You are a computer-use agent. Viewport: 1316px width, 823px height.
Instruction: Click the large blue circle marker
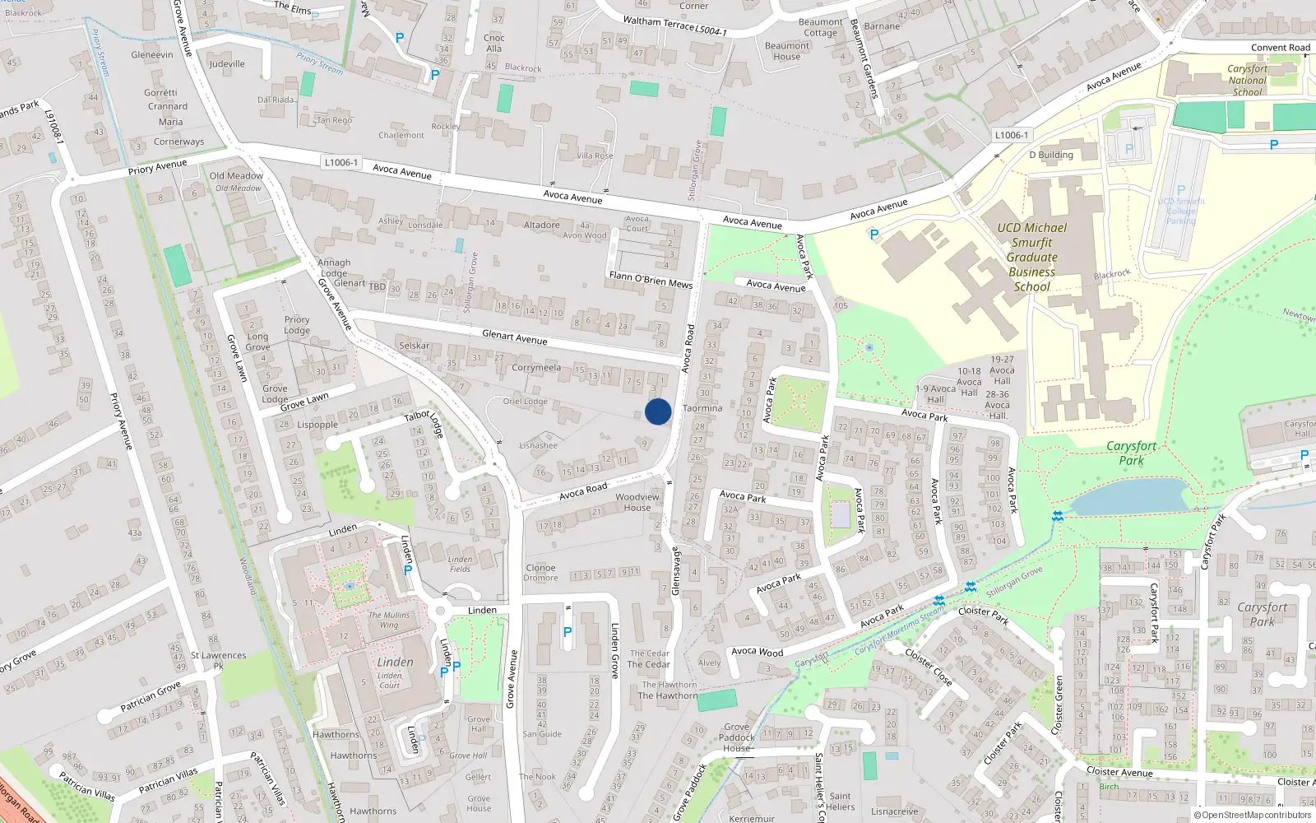click(x=658, y=411)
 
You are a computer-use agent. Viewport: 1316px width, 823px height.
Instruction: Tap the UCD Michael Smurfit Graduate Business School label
click(x=1031, y=257)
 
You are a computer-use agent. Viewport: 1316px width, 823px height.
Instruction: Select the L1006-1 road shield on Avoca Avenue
click(x=341, y=163)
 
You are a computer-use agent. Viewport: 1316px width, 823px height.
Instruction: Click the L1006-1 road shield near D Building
click(x=1011, y=135)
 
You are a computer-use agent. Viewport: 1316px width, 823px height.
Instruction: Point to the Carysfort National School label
click(x=1247, y=81)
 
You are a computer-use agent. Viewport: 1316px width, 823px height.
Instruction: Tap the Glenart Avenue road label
click(x=514, y=337)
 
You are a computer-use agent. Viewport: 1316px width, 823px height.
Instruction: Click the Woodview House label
click(x=637, y=502)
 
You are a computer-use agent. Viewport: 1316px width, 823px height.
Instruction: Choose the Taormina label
click(x=702, y=408)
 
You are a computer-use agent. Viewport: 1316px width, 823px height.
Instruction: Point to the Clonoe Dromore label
click(x=540, y=573)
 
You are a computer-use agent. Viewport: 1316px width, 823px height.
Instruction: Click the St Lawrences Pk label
click(x=218, y=660)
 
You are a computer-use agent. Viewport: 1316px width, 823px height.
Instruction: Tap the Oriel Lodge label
click(x=525, y=402)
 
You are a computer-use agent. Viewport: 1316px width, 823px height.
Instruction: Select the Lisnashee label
click(x=538, y=445)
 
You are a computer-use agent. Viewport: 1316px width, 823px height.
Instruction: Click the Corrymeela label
click(x=536, y=368)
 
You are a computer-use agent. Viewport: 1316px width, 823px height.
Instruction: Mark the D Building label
click(x=1051, y=155)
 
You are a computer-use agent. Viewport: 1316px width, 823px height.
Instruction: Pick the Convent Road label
click(x=1280, y=48)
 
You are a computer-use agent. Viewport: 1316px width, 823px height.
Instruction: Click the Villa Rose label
click(x=595, y=156)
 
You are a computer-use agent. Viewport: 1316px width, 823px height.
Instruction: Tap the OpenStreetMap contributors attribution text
click(x=1252, y=815)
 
